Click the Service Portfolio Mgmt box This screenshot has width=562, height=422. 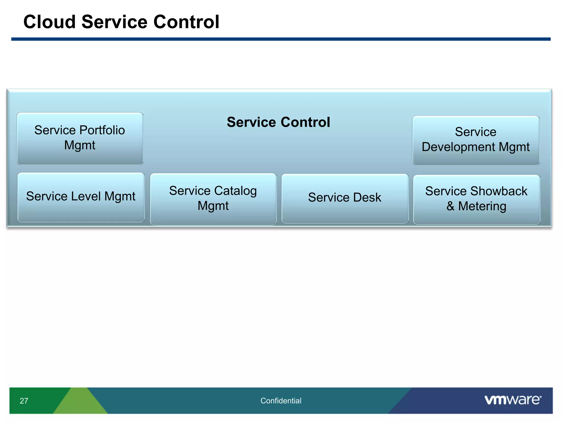(80, 138)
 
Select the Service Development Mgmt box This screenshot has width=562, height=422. (476, 140)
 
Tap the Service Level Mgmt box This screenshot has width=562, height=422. (81, 197)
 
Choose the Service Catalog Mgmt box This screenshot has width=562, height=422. (213, 199)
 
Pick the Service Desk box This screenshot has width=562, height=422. (345, 198)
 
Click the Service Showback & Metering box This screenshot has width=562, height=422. (476, 199)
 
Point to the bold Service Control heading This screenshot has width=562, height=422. (278, 122)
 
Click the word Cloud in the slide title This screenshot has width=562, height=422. (49, 22)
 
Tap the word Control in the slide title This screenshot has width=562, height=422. (186, 22)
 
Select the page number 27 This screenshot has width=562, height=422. (24, 401)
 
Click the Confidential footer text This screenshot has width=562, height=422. (281, 401)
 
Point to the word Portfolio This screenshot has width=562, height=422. (102, 130)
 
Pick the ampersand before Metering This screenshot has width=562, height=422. (450, 206)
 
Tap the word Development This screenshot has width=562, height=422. (459, 147)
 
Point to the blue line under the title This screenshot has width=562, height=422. (281, 39)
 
